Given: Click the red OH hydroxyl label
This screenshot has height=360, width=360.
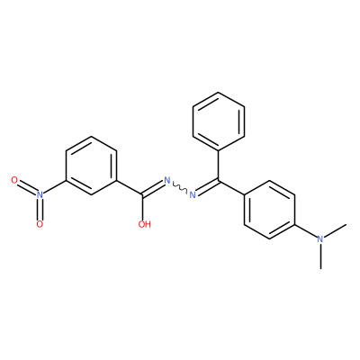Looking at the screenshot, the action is (x=144, y=224).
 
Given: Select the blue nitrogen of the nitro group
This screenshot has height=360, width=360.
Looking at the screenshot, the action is (x=40, y=194).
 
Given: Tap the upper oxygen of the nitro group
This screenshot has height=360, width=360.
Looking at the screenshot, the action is (x=14, y=180).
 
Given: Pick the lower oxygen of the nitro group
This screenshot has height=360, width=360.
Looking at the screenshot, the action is (x=40, y=224).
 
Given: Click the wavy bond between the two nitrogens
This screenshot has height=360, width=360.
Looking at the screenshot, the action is (x=180, y=188).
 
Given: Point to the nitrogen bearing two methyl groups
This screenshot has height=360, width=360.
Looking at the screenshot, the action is (x=320, y=239).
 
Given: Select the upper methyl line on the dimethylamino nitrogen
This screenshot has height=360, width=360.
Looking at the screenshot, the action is (x=336, y=231).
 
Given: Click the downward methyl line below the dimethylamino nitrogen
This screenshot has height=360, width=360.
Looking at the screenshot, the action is (x=321, y=256).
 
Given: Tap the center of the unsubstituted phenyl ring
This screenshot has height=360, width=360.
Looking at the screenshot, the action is (x=219, y=121).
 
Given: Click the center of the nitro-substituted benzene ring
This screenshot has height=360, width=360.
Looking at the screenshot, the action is (x=91, y=166).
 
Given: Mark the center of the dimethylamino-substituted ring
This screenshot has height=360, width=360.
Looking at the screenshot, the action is (x=269, y=210).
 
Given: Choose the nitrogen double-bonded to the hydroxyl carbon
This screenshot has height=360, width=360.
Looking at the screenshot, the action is (x=167, y=181).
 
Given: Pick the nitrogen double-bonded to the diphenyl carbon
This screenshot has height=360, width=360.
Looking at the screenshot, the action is (x=193, y=195).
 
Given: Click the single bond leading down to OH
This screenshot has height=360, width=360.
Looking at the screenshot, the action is (x=142, y=208).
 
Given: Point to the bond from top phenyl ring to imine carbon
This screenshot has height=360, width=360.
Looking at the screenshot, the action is (x=219, y=165).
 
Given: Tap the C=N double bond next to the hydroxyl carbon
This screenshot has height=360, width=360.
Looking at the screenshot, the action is (x=154, y=189).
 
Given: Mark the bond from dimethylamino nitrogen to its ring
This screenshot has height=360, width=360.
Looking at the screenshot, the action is (x=306, y=231).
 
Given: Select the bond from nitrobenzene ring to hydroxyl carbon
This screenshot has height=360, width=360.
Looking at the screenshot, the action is (x=130, y=187).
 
